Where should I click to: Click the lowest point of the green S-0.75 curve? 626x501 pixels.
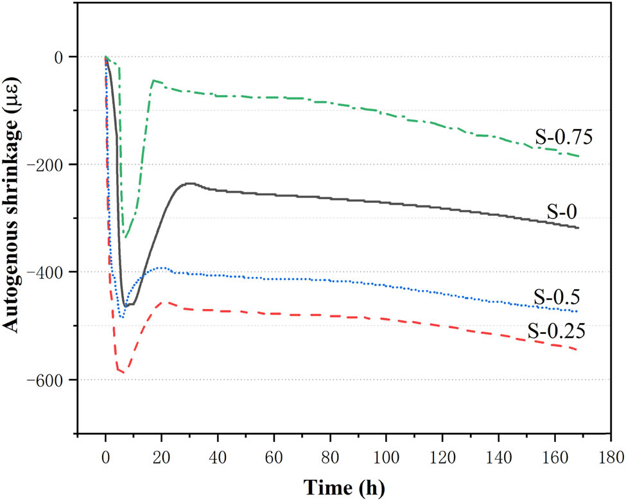coord(125,238)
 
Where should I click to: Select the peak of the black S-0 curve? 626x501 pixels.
coord(190,184)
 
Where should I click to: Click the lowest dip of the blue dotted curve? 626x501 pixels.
coord(122,317)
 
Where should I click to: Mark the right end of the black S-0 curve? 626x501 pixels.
coord(578,228)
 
